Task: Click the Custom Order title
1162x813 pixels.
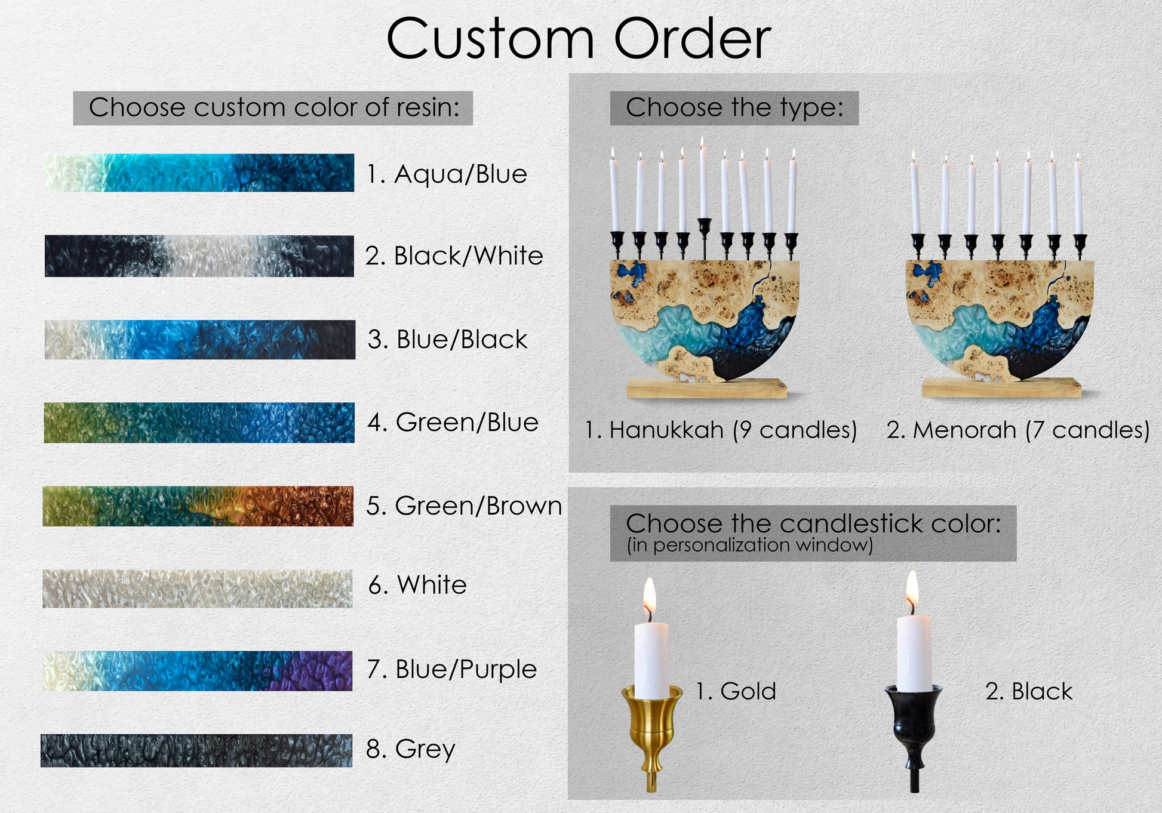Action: (x=579, y=39)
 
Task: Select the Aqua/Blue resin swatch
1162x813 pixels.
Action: (x=199, y=173)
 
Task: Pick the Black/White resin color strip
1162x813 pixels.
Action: (x=199, y=256)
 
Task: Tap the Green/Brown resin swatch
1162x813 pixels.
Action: (x=198, y=506)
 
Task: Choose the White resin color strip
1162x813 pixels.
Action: (x=198, y=588)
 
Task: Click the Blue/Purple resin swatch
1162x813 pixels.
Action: (x=198, y=671)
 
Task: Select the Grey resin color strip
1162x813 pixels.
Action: (x=196, y=750)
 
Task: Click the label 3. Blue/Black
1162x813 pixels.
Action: (x=447, y=339)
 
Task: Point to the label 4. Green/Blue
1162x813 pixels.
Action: (x=453, y=422)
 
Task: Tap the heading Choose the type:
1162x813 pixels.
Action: (x=734, y=107)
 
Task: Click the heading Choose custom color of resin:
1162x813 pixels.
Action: (x=275, y=107)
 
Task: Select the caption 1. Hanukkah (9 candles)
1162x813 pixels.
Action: (x=721, y=430)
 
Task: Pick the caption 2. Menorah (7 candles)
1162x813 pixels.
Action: (x=1018, y=430)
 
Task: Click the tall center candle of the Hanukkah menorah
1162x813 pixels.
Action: (x=703, y=179)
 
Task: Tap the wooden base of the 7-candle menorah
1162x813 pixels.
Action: (x=1002, y=387)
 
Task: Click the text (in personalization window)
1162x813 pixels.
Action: (x=749, y=545)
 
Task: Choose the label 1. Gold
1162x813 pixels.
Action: (x=736, y=691)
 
